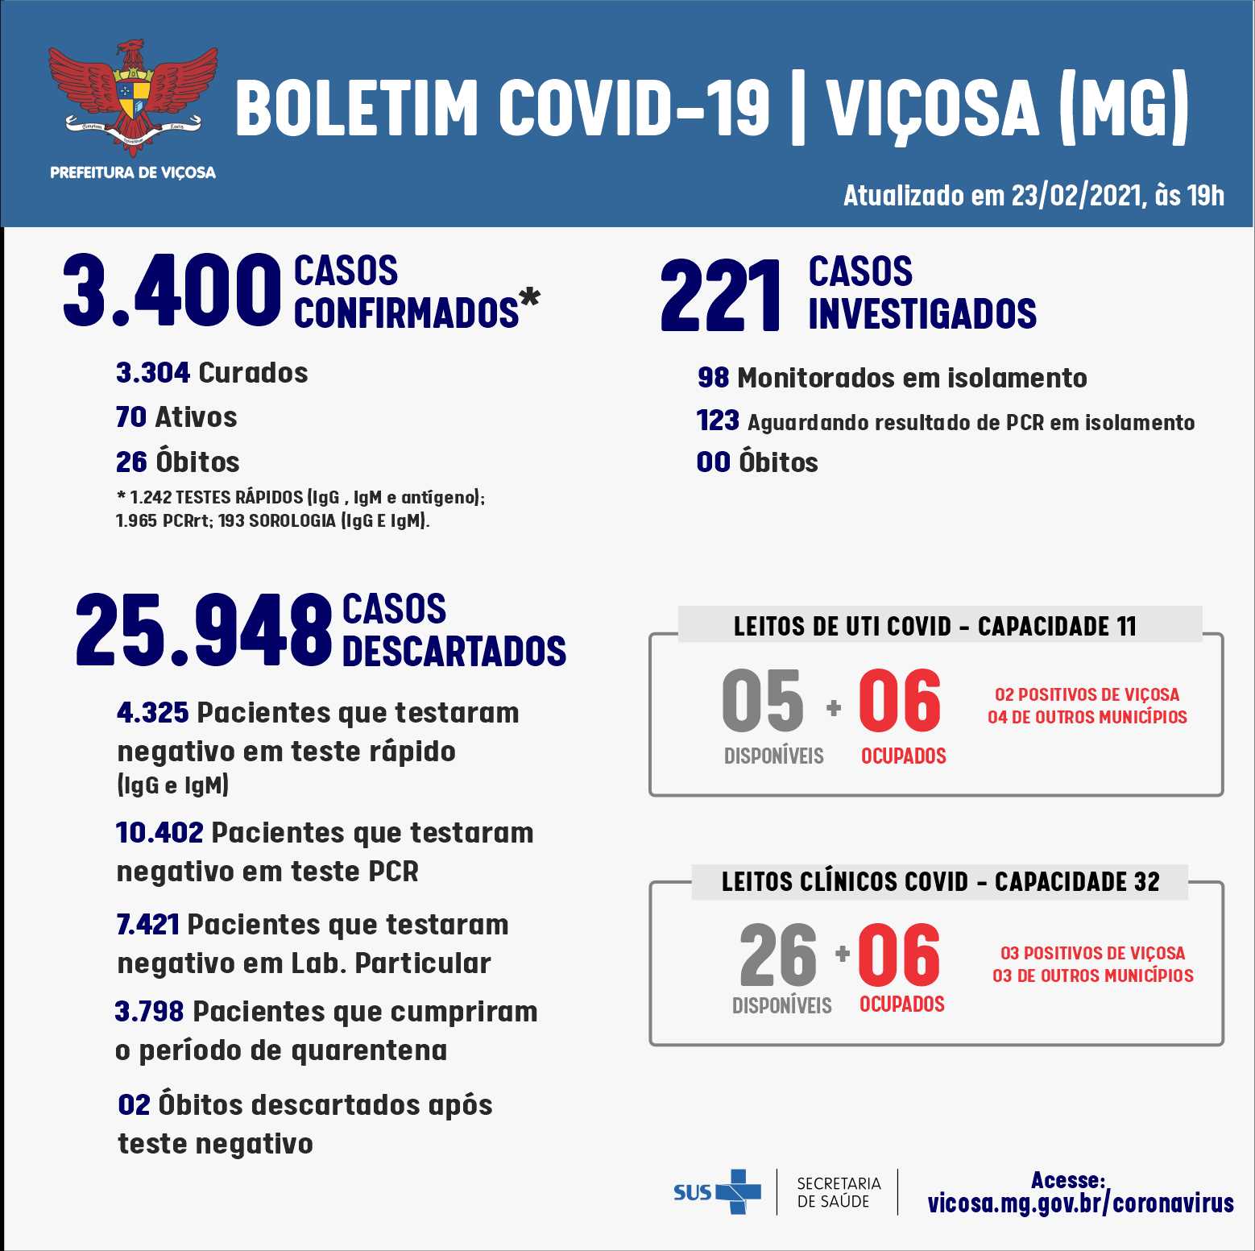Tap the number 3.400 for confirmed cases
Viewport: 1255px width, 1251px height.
[171, 291]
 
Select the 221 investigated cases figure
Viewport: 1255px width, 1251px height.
[720, 295]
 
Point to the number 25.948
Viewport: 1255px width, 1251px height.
[203, 630]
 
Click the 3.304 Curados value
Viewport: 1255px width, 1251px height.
[152, 373]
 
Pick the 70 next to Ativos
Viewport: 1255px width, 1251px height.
[130, 417]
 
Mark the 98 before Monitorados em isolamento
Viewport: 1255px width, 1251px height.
[713, 378]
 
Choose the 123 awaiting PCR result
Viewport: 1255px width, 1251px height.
[717, 420]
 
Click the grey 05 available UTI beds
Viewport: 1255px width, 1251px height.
[762, 701]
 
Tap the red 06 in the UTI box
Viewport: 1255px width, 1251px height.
[899, 701]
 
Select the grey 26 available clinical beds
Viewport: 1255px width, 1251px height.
[777, 955]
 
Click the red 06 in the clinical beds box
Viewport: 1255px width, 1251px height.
[898, 955]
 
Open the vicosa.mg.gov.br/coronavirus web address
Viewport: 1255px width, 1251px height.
[1080, 1203]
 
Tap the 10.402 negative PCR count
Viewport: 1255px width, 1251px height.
[159, 833]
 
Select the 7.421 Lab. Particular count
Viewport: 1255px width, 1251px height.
[147, 925]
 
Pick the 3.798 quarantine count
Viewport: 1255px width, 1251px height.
[149, 1012]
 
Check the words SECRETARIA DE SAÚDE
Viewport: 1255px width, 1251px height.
[839, 1192]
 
